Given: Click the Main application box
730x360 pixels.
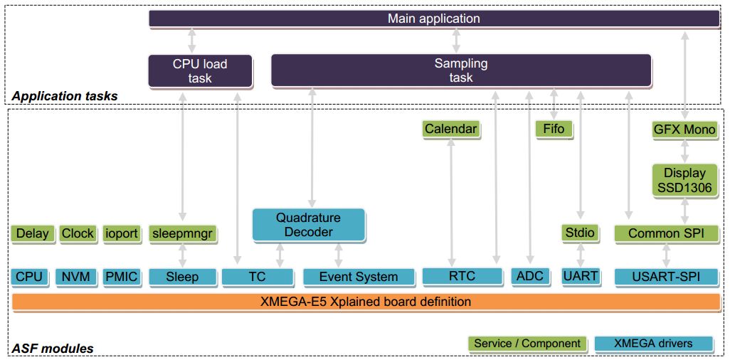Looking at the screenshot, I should (433, 18).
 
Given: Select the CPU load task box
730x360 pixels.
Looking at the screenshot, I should (200, 70).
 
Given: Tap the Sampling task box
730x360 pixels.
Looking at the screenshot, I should (461, 70).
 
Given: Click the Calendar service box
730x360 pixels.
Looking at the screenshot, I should (450, 129).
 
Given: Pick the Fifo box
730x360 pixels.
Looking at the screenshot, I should (554, 129).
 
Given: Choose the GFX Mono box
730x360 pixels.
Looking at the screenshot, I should (684, 129).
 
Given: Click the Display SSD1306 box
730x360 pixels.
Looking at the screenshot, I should (684, 179).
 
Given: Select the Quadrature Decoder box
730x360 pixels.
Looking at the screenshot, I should (309, 224).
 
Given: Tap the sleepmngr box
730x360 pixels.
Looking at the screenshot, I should (183, 233).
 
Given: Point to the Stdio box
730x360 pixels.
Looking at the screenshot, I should (580, 233).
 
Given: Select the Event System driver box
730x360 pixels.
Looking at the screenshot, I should (359, 277).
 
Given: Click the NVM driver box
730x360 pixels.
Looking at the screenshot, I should (75, 276).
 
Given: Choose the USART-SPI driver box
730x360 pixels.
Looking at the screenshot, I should (666, 276).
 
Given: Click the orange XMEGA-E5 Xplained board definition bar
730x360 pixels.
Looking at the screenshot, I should (366, 302).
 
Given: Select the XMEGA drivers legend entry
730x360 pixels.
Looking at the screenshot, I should (654, 344).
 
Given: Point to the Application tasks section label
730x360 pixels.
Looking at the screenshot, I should (65, 96).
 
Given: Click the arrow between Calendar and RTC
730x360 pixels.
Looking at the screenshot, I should (450, 202).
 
